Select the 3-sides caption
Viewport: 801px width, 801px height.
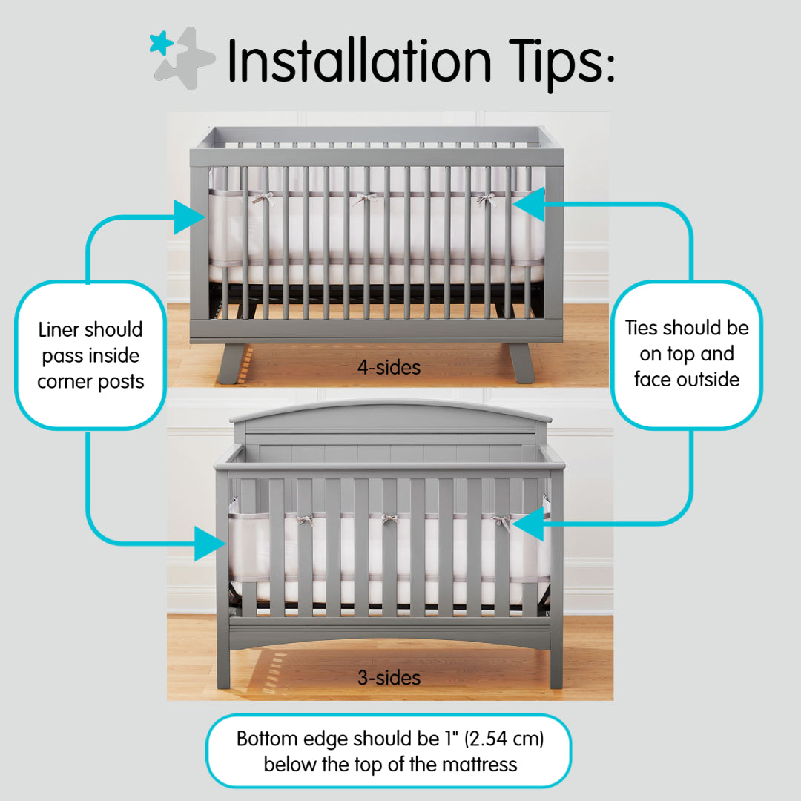coord(389,677)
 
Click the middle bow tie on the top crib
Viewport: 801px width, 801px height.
coord(363,199)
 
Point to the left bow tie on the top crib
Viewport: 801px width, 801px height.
coord(263,198)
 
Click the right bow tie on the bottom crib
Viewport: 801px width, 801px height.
coord(501,521)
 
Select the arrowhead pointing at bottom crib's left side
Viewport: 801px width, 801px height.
coord(210,543)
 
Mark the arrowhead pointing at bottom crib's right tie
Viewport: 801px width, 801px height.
coord(528,525)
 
